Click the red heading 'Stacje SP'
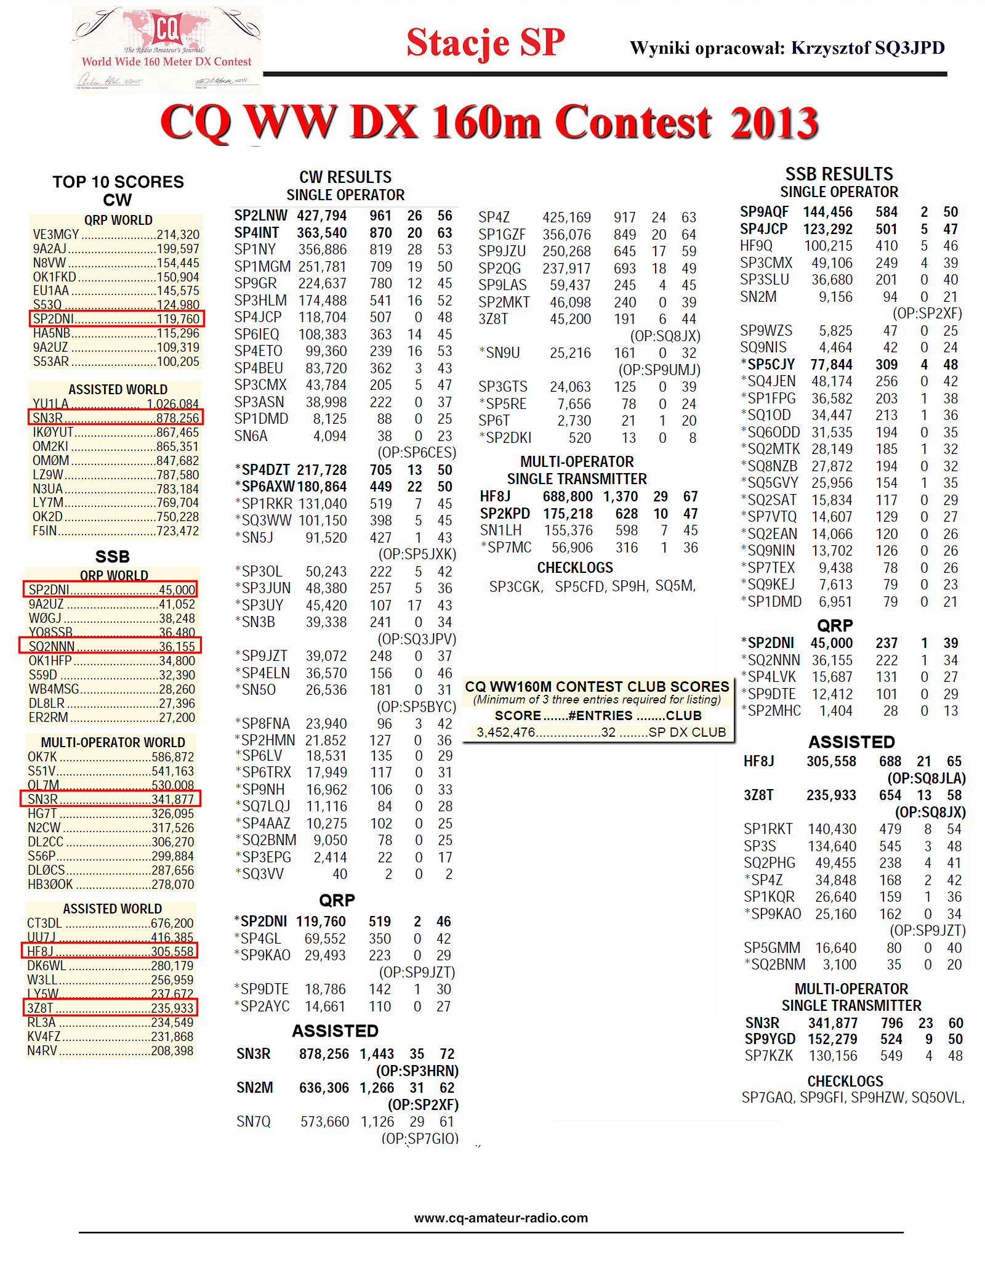pos(485,43)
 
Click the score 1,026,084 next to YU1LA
pos(172,404)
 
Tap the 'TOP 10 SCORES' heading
pos(118,182)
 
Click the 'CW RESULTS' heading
pos(345,177)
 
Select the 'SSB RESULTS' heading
pos(839,174)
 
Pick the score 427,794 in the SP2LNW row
pos(321,216)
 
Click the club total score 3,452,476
pos(506,732)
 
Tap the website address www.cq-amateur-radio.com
pos(501,1218)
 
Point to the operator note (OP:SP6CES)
pos(417,453)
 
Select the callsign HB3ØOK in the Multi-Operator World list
pos(50,885)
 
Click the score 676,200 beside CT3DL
pos(172,923)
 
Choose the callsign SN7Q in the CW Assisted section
pos(254,1122)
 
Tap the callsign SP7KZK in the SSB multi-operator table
pos(769,1056)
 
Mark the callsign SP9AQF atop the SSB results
pos(764,213)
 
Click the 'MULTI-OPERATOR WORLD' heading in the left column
pos(113,743)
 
